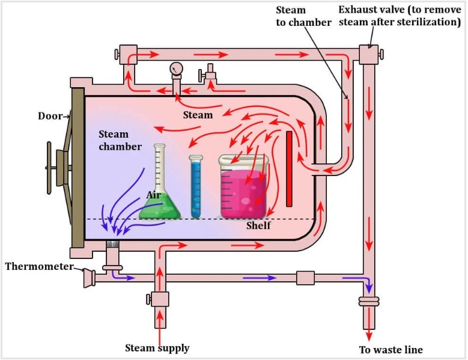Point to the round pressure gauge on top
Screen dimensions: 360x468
coord(175,69)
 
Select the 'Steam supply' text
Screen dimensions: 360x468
coord(157,348)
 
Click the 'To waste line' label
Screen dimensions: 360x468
coord(391,350)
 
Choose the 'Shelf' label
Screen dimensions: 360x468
coord(258,226)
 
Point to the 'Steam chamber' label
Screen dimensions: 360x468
coord(120,141)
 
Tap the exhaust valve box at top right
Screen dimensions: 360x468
coord(368,55)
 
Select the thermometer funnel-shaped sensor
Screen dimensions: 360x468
coord(89,278)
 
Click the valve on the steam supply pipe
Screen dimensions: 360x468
coord(160,299)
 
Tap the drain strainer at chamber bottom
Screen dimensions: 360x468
coord(112,245)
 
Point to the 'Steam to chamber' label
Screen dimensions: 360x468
coord(303,16)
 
